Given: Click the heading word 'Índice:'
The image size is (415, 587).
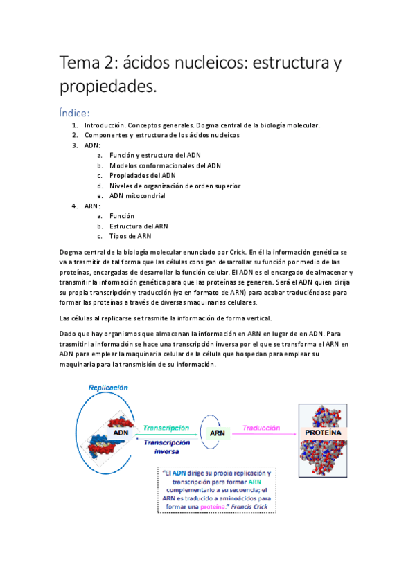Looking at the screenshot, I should pos(80,112).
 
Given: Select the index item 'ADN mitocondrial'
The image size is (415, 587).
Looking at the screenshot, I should pos(137,196).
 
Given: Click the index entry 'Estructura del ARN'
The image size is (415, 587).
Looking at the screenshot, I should pos(139,226).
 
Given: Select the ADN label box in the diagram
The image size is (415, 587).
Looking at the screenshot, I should pos(121,433).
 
